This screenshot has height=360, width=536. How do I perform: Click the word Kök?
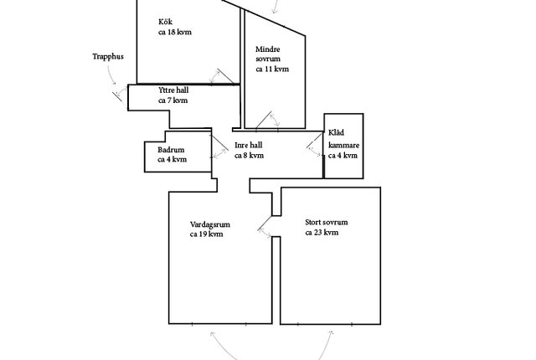pos(166,22)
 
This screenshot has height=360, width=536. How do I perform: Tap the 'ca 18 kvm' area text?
pos(175,32)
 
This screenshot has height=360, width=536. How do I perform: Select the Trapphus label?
pos(108,57)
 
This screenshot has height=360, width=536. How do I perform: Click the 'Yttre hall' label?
pos(173,90)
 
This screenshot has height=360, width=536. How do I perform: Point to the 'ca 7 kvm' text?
pos(173,100)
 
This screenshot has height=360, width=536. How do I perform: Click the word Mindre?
pos(268,49)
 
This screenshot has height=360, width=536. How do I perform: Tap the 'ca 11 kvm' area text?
pos(272,69)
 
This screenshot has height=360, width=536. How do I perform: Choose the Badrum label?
pos(171,150)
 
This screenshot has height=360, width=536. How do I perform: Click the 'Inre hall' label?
pos(249,145)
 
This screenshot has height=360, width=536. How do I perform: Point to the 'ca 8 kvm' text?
pos(250,156)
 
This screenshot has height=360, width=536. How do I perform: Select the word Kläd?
pos(336,132)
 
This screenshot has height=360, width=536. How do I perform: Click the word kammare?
pos(344,146)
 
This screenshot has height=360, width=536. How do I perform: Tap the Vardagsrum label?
pos(210,224)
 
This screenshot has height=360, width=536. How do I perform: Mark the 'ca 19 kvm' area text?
pos(207,234)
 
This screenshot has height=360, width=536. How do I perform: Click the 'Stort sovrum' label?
pos(327,223)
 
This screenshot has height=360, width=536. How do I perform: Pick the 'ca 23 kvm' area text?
pos(322,233)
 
